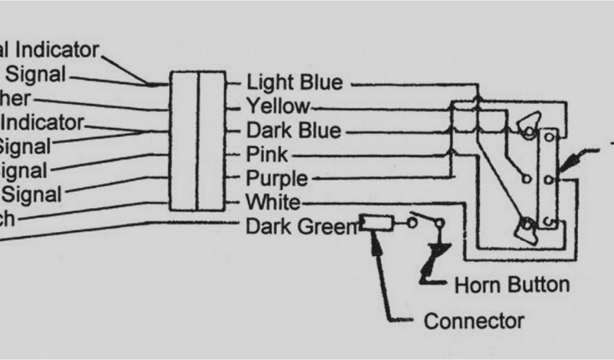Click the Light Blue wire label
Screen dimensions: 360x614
coord(294,82)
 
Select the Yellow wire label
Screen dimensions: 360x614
coord(278,107)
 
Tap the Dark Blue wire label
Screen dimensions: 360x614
coord(294,131)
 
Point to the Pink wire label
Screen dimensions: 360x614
coord(267,155)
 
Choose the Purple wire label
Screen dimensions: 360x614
coord(277,179)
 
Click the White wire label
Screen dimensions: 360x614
coord(273,202)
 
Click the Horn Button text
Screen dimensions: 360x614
coord(512,284)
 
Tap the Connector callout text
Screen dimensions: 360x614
coord(474,321)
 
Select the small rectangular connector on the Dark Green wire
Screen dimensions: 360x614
coord(377,224)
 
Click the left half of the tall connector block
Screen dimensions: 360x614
coord(183,141)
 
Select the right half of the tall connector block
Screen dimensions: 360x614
coord(211,141)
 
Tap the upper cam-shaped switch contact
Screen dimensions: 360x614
coord(526,127)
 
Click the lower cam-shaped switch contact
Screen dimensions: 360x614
coord(526,229)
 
